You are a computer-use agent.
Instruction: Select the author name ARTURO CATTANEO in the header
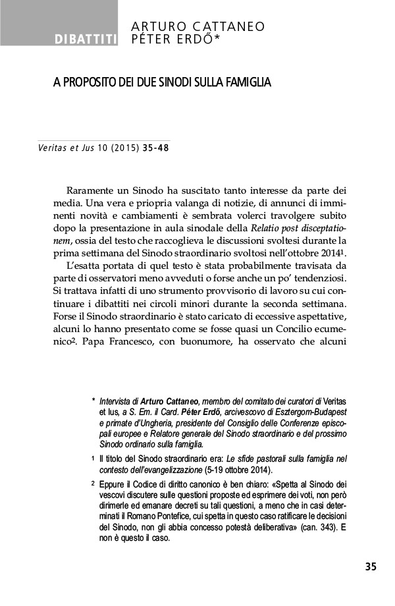click(x=198, y=26)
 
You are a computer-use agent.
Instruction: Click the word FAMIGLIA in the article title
click(x=248, y=84)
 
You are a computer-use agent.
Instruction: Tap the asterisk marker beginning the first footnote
click(x=93, y=400)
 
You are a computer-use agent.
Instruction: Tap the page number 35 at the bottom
click(x=371, y=566)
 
